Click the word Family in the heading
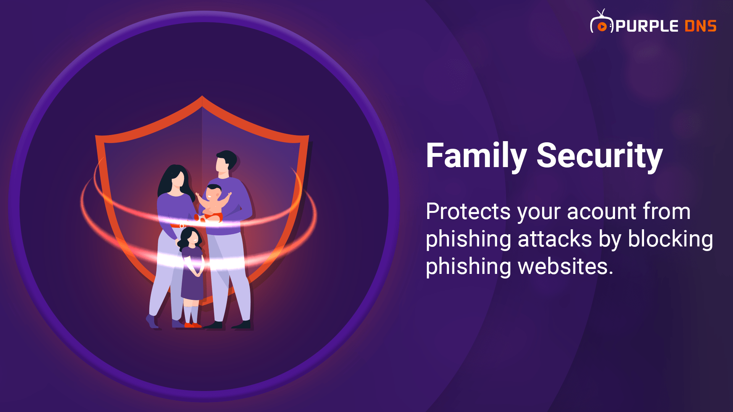pyautogui.click(x=476, y=155)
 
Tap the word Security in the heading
pyautogui.click(x=599, y=155)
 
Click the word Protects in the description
pyautogui.click(x=468, y=212)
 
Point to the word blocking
pyautogui.click(x=670, y=239)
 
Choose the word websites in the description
pyautogui.click(x=562, y=266)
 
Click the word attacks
pyautogui.click(x=555, y=239)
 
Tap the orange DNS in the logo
pyautogui.click(x=701, y=26)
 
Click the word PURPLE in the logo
pyautogui.click(x=647, y=26)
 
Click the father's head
pyautogui.click(x=226, y=161)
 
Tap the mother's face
pyautogui.click(x=178, y=179)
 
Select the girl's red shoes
pyautogui.click(x=193, y=325)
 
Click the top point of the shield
pyautogui.click(x=202, y=96)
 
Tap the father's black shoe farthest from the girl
pyautogui.click(x=241, y=325)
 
